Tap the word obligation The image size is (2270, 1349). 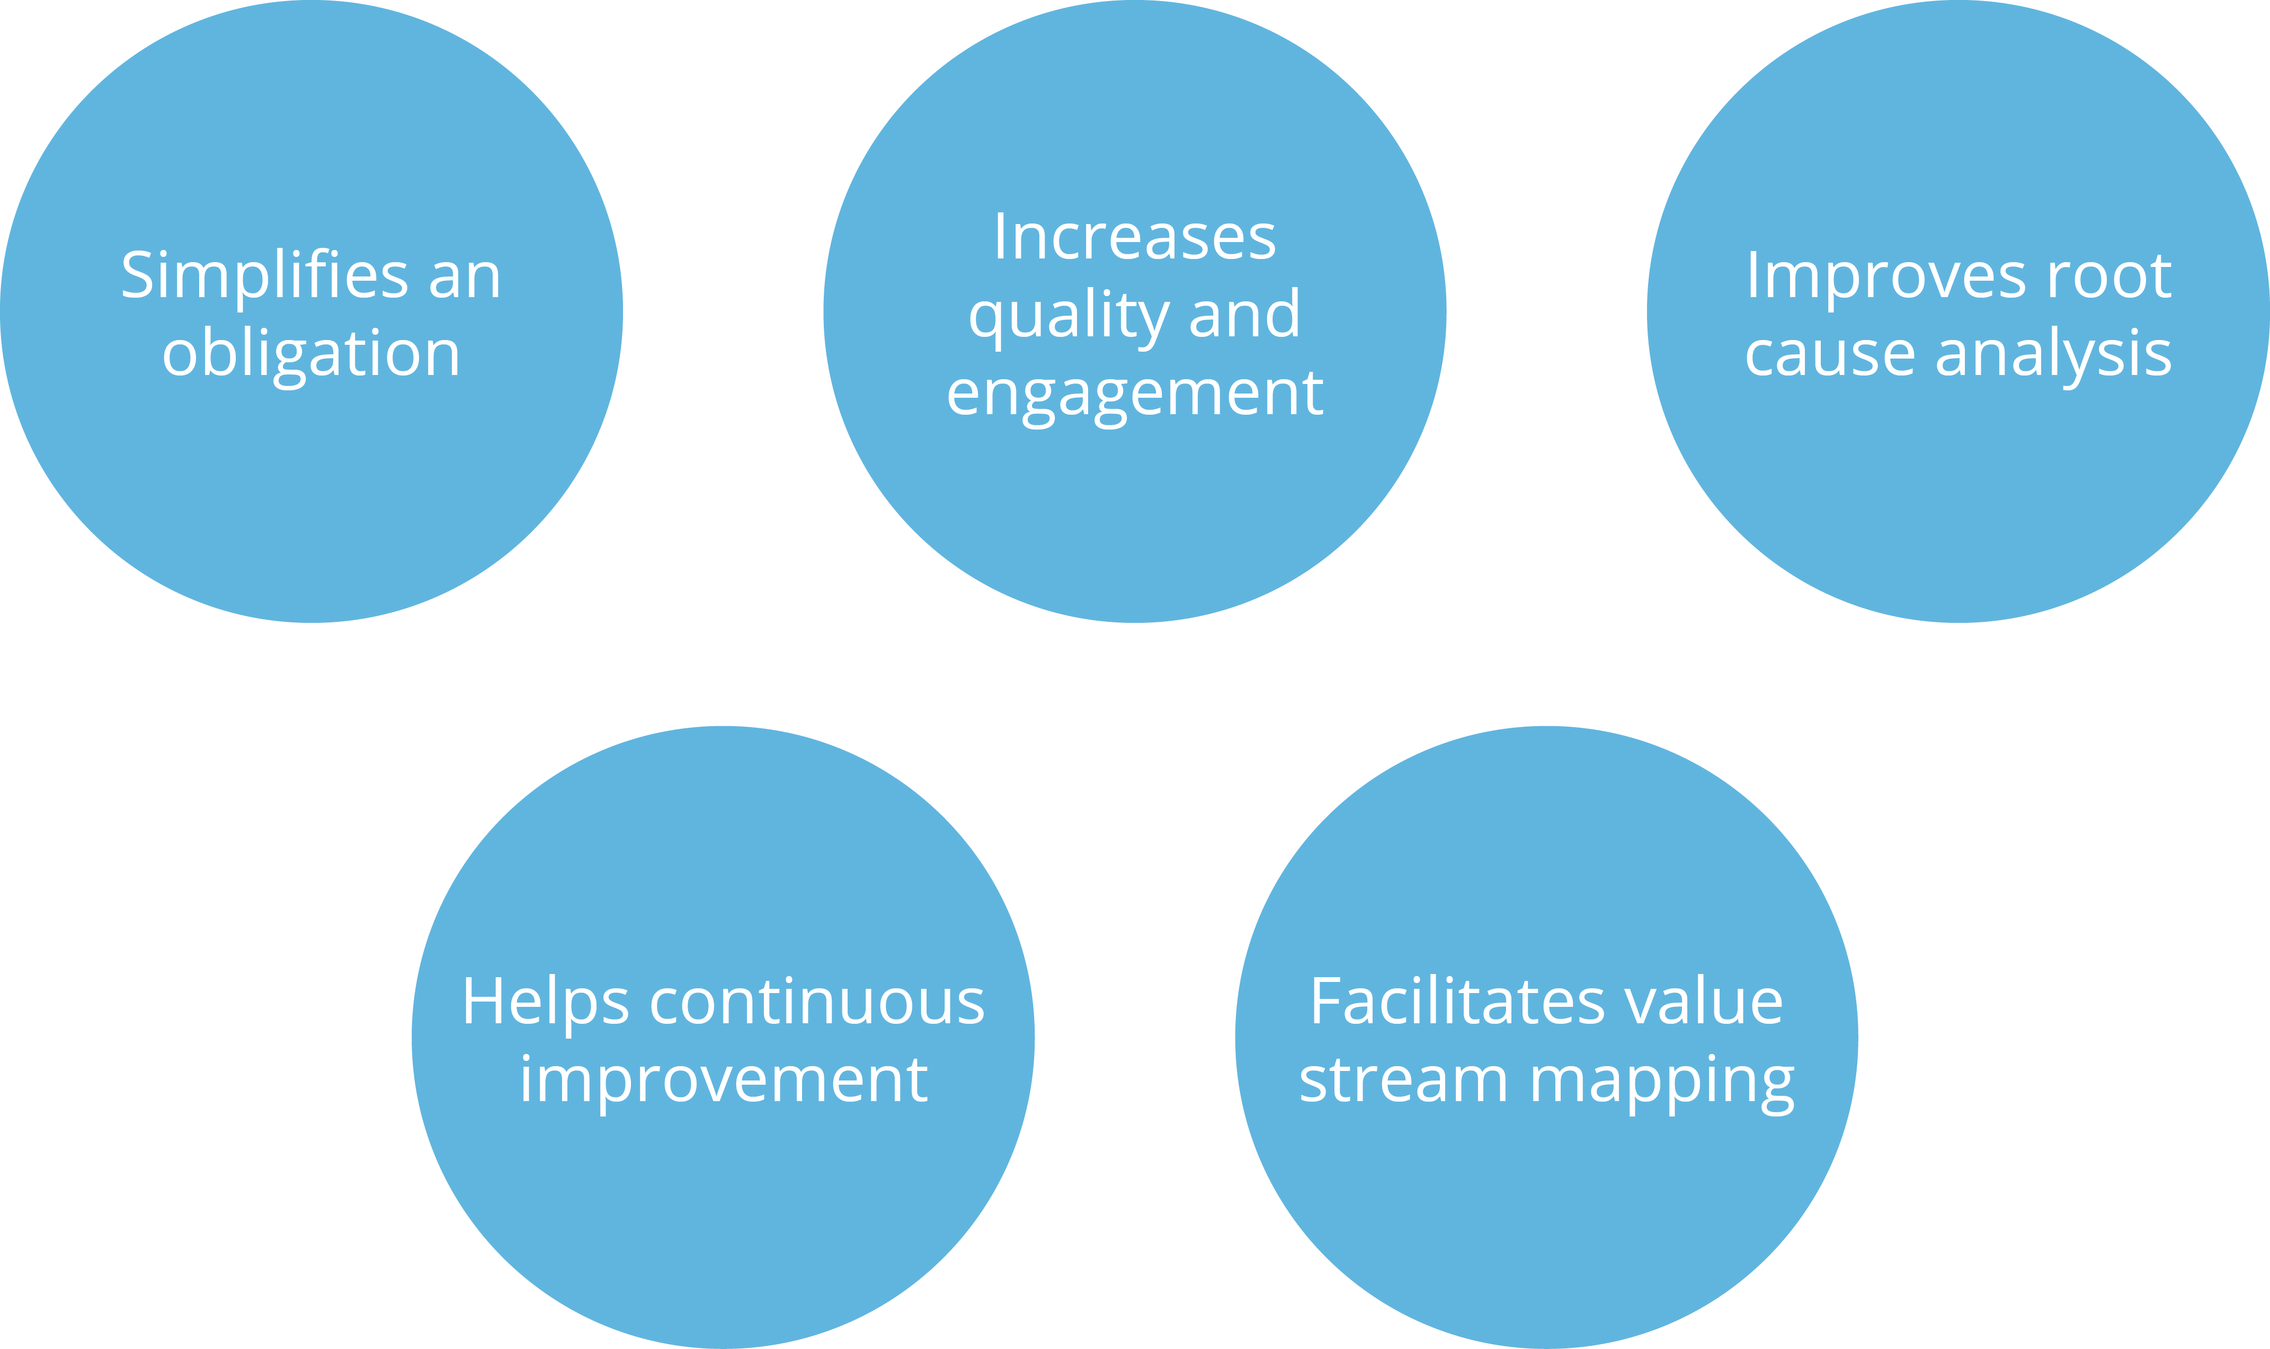[x=311, y=354]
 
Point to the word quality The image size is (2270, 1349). [x=1068, y=316]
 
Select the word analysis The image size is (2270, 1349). [x=2054, y=354]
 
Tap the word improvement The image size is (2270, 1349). [x=724, y=1081]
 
